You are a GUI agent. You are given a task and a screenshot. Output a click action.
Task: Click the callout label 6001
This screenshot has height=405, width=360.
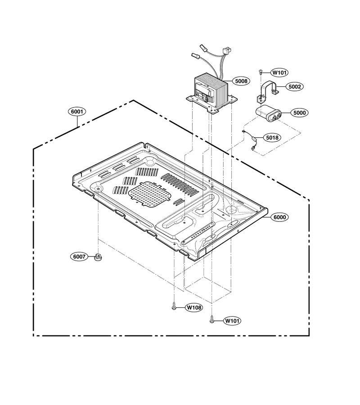coord(77,112)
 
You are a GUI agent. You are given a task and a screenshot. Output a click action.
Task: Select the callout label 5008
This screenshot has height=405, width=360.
coord(241,81)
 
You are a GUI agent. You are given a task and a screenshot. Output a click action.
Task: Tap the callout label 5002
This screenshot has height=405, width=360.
coord(294,86)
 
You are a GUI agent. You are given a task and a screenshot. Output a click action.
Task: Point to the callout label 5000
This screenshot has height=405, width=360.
coord(299,112)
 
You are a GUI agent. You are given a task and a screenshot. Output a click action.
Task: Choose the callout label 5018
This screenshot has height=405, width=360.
coord(272,137)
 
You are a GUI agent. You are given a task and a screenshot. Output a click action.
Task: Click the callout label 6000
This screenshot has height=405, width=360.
coord(279,217)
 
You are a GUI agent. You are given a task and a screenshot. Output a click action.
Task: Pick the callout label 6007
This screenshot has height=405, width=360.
coord(79,257)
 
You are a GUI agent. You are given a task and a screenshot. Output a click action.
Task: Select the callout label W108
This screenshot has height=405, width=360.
coord(194,307)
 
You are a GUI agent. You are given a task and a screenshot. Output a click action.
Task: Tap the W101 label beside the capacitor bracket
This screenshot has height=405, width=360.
coord(279,72)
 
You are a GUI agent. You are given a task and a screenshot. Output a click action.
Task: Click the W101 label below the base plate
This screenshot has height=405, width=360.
coord(232,321)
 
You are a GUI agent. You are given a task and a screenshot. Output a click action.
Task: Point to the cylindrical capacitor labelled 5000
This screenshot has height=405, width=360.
coord(268,114)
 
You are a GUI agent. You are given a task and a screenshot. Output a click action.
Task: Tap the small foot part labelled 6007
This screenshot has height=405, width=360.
coord(98,257)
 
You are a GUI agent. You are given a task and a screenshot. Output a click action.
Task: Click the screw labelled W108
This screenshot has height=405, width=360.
coord(174,307)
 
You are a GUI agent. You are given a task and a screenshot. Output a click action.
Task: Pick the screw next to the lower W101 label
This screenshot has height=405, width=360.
coord(212,320)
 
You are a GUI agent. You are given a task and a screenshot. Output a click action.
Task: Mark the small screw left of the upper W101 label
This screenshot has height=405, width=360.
coord(260,71)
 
